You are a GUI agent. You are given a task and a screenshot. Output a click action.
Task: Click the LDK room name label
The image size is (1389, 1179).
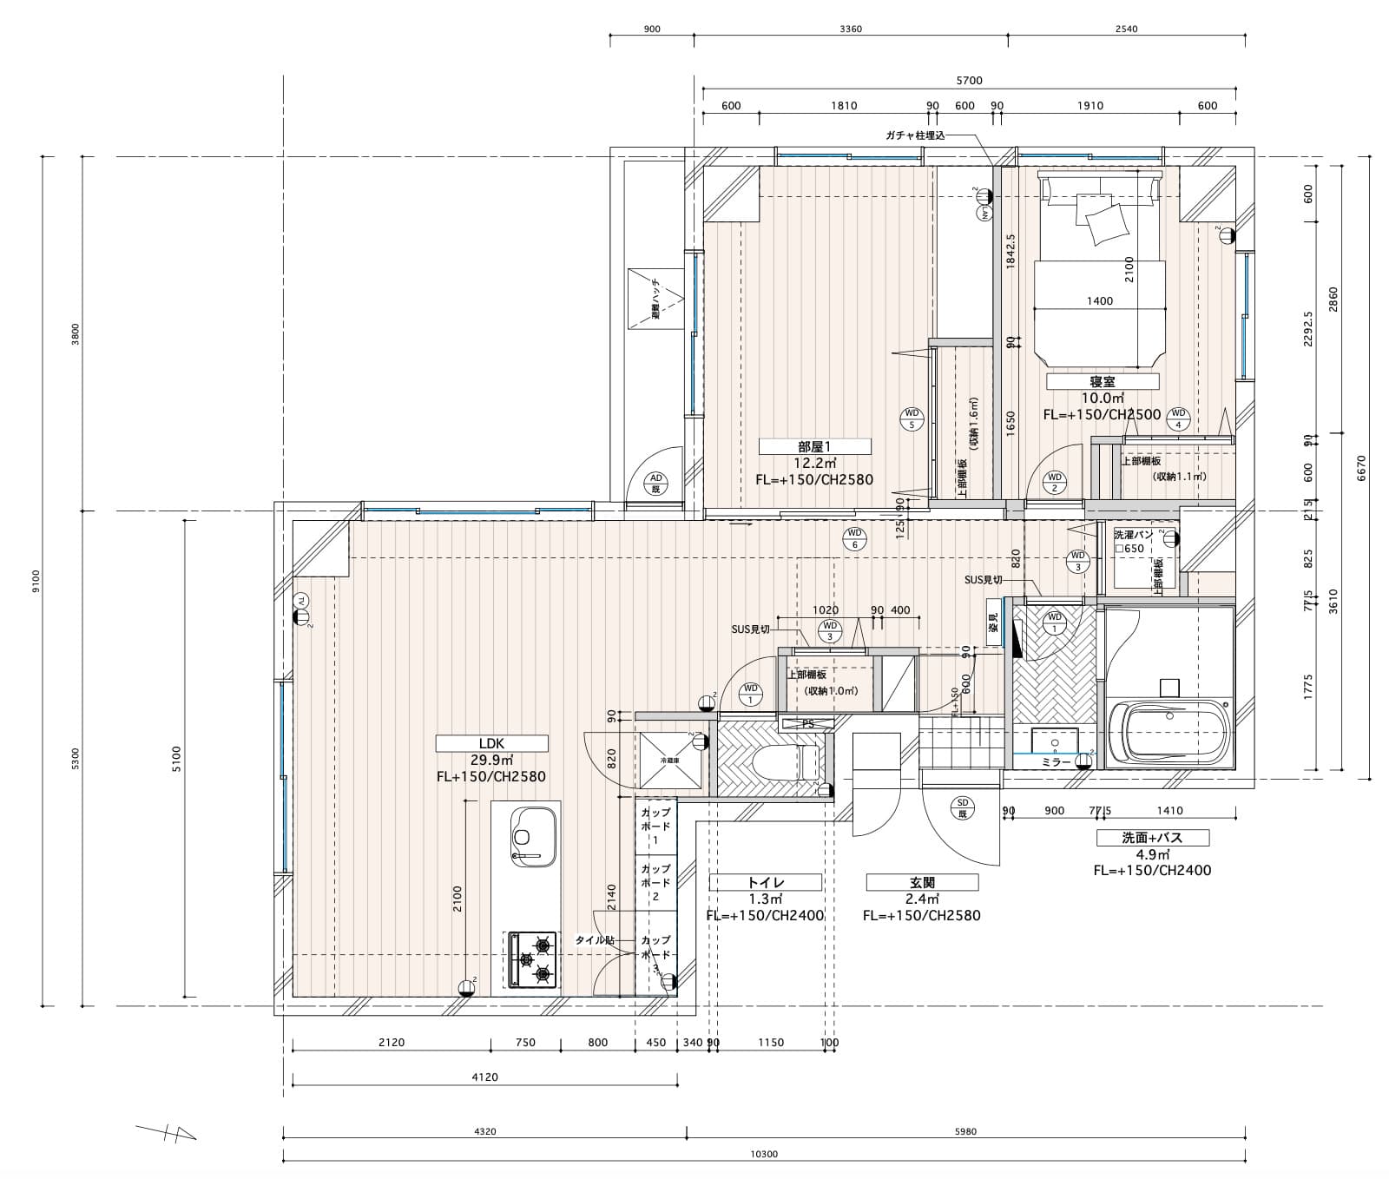(x=491, y=743)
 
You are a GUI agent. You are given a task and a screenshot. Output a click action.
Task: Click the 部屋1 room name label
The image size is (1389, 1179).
(x=814, y=446)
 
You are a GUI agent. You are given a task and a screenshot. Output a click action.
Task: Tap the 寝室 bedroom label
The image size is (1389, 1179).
(x=1103, y=381)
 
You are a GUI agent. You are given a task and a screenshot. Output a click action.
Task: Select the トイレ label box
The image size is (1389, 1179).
(x=766, y=882)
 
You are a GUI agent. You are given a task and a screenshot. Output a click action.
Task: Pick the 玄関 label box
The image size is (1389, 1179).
(x=922, y=882)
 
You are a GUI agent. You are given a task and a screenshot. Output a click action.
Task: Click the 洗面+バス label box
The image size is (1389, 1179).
(x=1152, y=838)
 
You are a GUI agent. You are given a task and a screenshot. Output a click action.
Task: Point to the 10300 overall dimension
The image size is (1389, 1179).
(x=763, y=1156)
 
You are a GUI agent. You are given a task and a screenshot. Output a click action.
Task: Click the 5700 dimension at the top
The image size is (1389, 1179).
(x=969, y=81)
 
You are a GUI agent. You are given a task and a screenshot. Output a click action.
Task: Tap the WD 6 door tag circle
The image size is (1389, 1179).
(x=854, y=538)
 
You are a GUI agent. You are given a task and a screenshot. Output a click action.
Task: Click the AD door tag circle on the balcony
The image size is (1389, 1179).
(x=656, y=483)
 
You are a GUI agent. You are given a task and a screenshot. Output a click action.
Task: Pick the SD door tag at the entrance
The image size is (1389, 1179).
(x=962, y=807)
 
